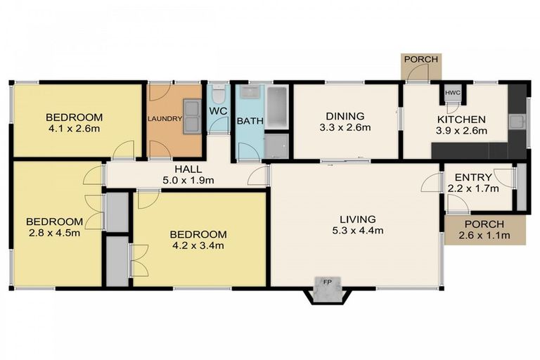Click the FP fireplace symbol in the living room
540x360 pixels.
pyautogui.click(x=326, y=283)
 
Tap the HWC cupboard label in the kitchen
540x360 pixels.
pyautogui.click(x=451, y=93)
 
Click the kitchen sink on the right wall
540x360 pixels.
pyautogui.click(x=518, y=121)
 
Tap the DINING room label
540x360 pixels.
pyautogui.click(x=345, y=116)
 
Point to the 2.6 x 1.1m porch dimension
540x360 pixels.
pyautogui.click(x=485, y=235)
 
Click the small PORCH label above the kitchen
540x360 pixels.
pyautogui.click(x=420, y=60)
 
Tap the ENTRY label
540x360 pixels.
pyautogui.click(x=472, y=177)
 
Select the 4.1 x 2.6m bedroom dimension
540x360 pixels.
pyautogui.click(x=74, y=129)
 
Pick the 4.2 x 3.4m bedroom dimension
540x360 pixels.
pyautogui.click(x=198, y=245)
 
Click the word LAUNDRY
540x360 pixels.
pyautogui.click(x=165, y=119)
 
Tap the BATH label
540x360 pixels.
pyautogui.click(x=250, y=121)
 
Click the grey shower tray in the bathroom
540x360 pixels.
pyautogui.click(x=276, y=146)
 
